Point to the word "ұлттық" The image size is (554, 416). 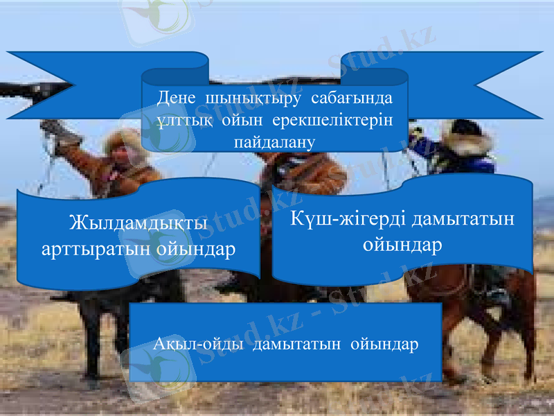point(179,119)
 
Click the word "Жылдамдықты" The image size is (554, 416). point(139,225)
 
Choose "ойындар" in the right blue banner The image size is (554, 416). point(402,244)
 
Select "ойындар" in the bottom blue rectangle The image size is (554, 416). point(385,344)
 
